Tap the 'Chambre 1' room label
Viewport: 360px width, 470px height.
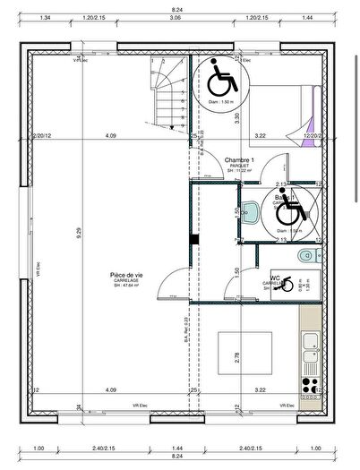pyautogui.click(x=239, y=159)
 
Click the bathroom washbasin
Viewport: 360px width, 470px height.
pyautogui.click(x=253, y=211)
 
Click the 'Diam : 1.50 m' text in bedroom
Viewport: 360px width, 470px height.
pyautogui.click(x=220, y=102)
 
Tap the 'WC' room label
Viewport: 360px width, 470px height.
pyautogui.click(x=277, y=278)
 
